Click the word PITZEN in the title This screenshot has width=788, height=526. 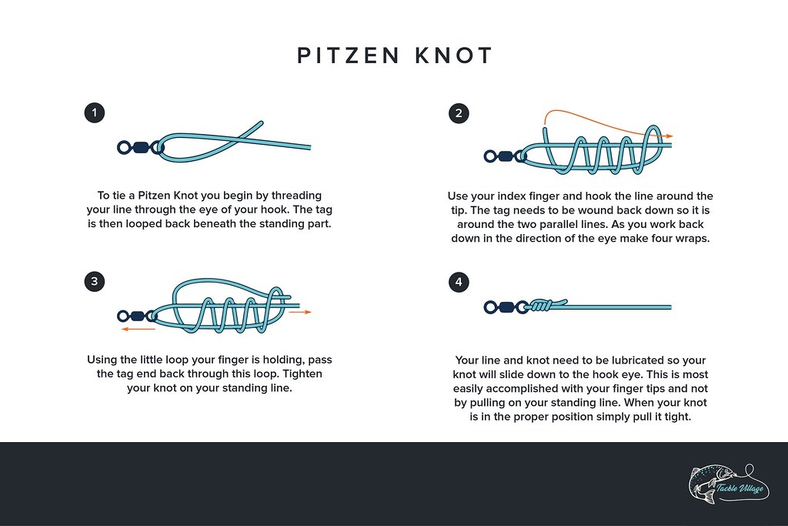pos(349,55)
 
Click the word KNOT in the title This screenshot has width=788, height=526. pos(454,55)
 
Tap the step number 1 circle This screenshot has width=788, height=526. pos(95,112)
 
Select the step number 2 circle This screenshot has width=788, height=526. pos(459,113)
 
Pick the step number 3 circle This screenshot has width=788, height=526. pos(95,281)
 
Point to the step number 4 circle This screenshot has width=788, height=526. pos(459,282)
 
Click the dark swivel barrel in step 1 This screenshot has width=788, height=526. pos(142,147)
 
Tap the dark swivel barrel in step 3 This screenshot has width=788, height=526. pos(137,316)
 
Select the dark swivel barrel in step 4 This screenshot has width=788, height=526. pos(506,307)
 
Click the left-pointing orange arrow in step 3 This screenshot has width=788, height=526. pos(139,330)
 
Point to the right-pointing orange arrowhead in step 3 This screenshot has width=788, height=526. pos(308,312)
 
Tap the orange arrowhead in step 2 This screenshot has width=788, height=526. pos(669,136)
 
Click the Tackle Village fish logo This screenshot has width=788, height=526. pos(729,484)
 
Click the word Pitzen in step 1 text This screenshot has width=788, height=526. pos(154,195)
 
